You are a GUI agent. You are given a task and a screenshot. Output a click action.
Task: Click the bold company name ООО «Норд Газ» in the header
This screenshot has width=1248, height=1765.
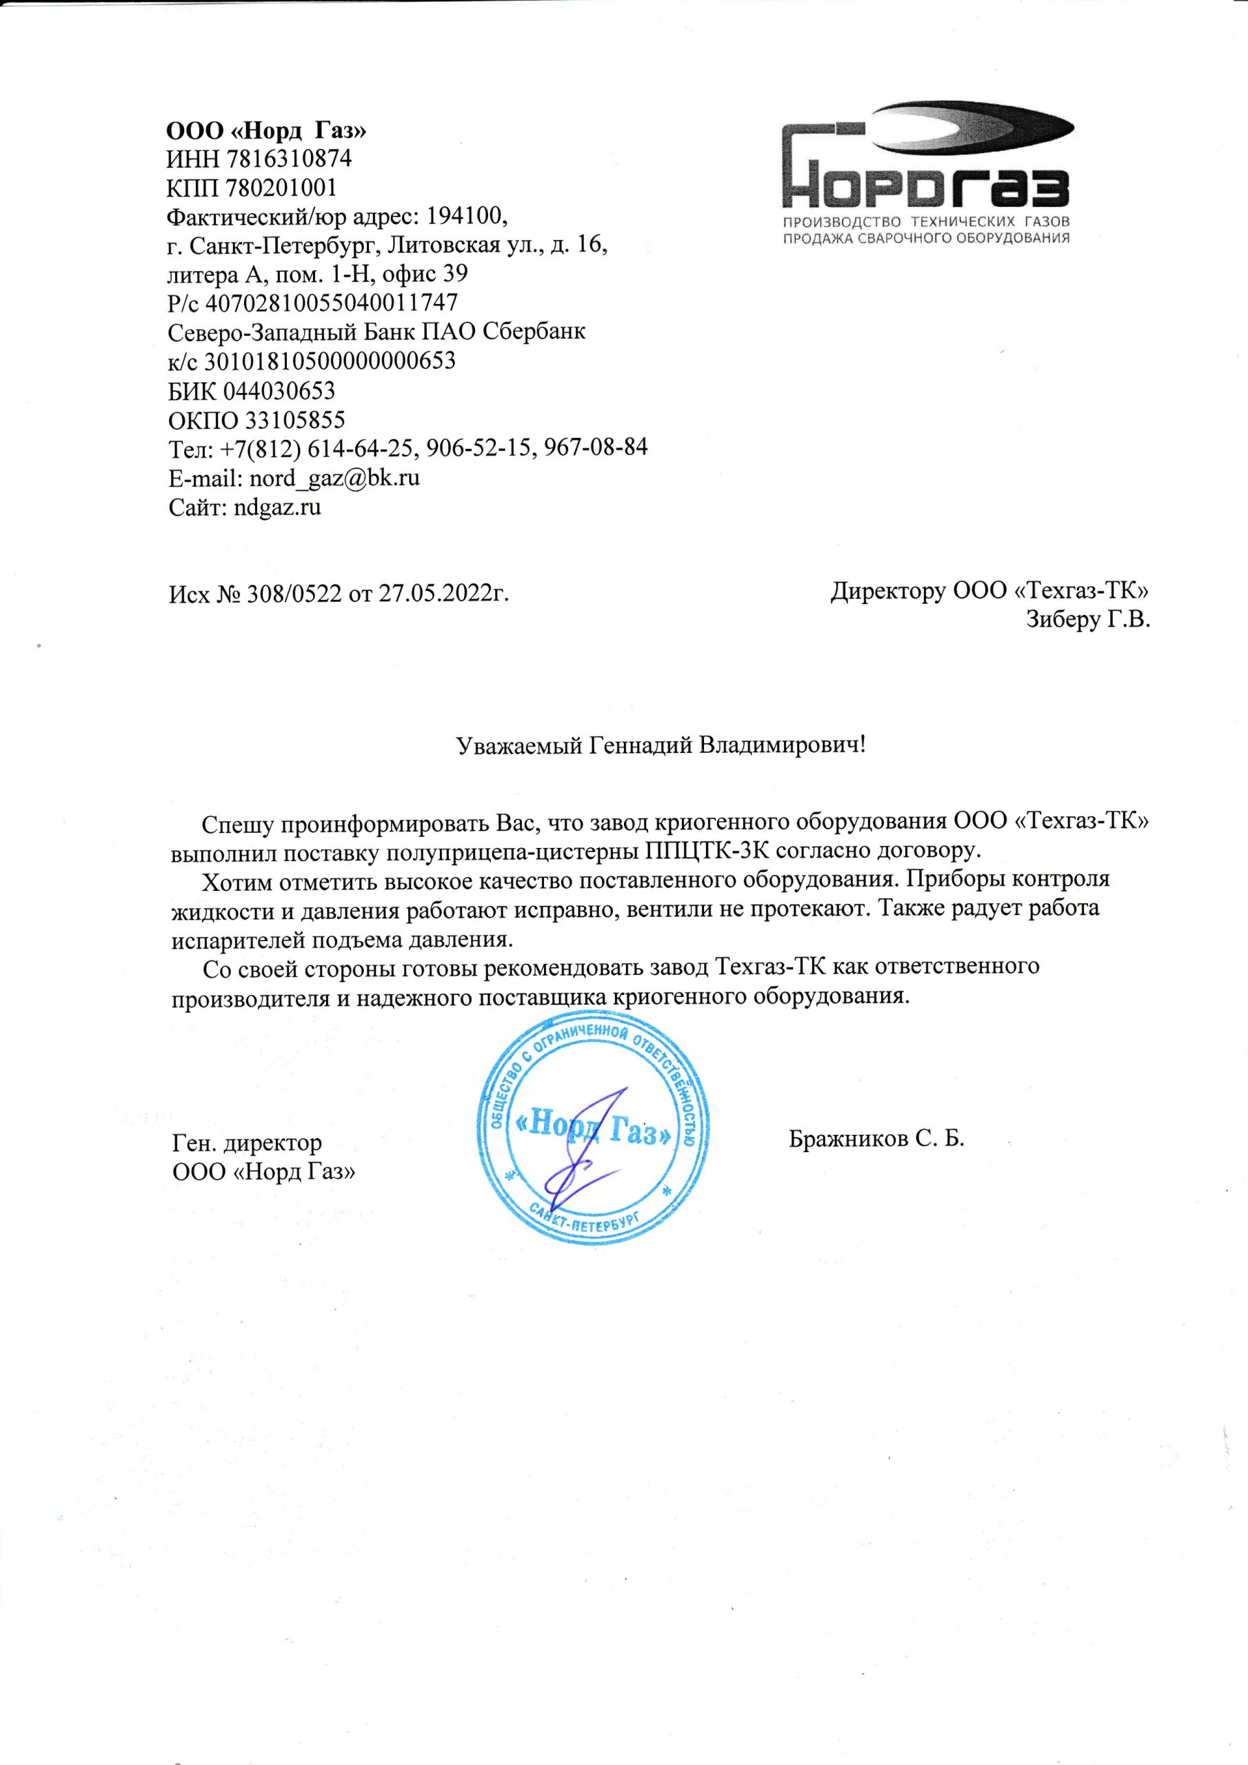tap(267, 130)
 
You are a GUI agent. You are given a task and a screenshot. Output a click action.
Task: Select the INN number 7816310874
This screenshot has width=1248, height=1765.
tap(288, 159)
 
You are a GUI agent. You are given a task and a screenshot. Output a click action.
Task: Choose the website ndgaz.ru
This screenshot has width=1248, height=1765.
tap(276, 507)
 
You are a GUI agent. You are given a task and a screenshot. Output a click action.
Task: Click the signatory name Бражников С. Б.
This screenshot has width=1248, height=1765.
tap(876, 1138)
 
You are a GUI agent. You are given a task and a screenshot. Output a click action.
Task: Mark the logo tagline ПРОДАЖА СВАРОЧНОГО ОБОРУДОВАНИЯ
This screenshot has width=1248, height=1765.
tap(926, 238)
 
